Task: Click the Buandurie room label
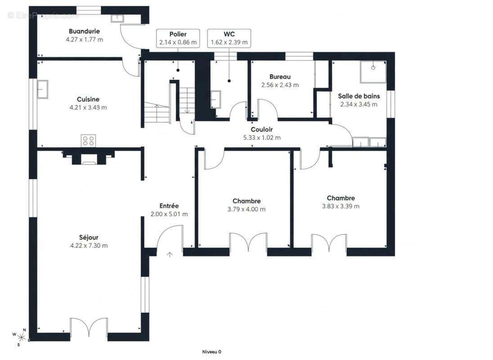(84, 31)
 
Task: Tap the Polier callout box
(178, 38)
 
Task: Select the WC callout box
(229, 38)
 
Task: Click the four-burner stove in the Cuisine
(88, 140)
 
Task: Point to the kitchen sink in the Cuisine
(42, 89)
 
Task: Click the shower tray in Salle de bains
(373, 72)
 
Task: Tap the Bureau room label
(280, 76)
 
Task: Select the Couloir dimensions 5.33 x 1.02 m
(262, 137)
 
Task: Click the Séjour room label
(89, 238)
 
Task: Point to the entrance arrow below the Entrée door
(170, 255)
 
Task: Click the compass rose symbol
(21, 337)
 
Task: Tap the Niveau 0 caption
(211, 352)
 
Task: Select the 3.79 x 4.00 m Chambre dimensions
(246, 209)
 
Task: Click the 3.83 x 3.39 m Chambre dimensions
(341, 206)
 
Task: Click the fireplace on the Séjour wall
(88, 157)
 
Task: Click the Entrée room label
(169, 206)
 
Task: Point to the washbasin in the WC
(216, 99)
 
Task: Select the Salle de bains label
(359, 96)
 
